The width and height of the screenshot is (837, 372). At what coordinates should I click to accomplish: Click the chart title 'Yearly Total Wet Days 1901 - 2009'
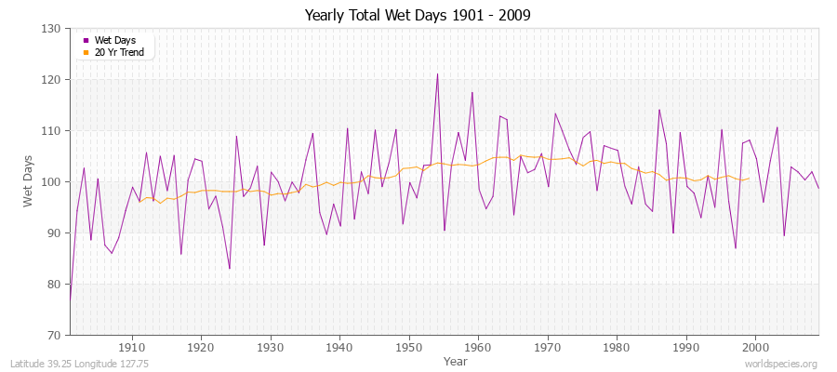418,16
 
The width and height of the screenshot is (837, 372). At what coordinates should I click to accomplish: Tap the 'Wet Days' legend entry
114,40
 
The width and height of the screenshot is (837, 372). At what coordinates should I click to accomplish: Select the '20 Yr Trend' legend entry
118,52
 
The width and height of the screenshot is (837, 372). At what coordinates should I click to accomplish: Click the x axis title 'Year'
456,361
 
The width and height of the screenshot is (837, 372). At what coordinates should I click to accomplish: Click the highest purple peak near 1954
437,74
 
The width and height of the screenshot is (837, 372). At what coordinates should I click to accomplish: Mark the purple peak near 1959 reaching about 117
472,92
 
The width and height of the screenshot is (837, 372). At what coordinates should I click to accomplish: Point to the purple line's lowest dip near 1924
230,269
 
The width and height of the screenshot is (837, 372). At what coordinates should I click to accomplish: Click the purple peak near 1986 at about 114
659,110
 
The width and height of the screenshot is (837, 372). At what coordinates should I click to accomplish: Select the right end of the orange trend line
749,178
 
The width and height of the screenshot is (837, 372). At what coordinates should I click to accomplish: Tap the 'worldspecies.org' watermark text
780,364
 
